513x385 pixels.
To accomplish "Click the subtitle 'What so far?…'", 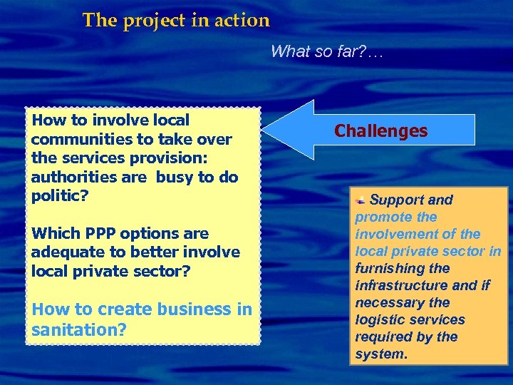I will point(327,51).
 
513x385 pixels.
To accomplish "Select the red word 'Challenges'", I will point(381,131).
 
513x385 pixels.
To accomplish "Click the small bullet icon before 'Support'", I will point(361,200).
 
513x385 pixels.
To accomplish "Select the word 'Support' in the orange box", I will point(397,200).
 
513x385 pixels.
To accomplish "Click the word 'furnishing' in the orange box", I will point(392,269).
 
